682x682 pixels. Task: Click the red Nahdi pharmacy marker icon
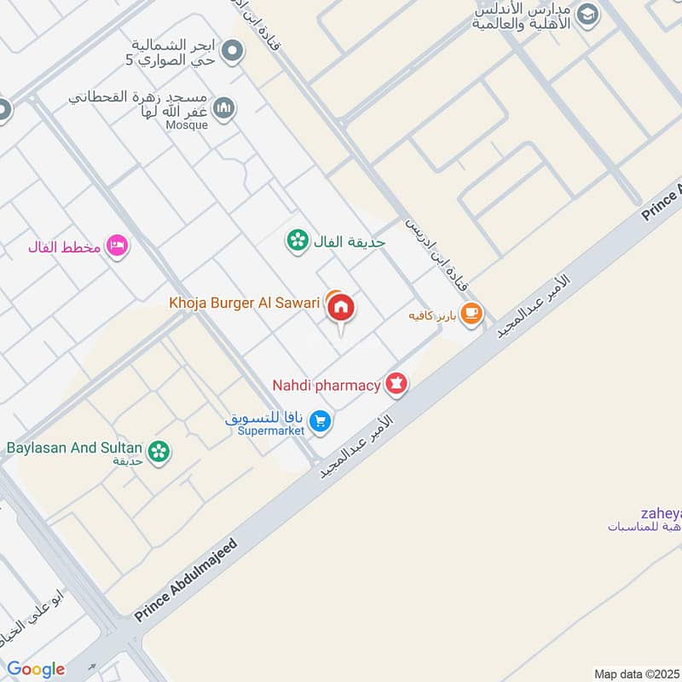tap(396, 384)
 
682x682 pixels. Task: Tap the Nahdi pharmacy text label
tap(326, 385)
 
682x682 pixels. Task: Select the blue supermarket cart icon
tap(321, 420)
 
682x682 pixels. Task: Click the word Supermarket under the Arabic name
tap(271, 431)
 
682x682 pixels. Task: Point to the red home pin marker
tap(342, 309)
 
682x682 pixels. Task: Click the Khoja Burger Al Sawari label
tap(244, 302)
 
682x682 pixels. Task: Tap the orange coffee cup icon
tap(471, 315)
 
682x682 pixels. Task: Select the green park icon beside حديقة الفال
tap(297, 241)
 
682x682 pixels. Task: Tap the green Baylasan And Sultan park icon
tap(157, 452)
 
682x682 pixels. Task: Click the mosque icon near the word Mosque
tap(224, 108)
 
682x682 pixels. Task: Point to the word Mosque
tap(187, 125)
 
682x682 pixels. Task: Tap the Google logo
tap(36, 669)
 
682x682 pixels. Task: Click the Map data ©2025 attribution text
tap(636, 673)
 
